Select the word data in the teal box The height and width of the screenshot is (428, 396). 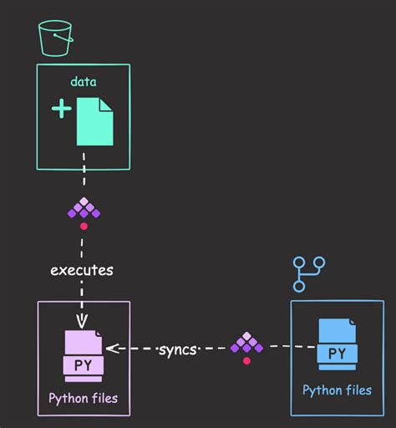pos(84,82)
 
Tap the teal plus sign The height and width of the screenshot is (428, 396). pos(61,110)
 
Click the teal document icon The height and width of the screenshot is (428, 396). pos(94,121)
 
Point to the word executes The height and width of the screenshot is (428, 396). pos(82,270)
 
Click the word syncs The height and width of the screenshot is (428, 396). pos(177,349)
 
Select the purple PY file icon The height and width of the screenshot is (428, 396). pos(84,355)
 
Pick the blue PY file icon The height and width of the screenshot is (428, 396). pos(337,344)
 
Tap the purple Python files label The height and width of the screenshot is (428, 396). pos(84,398)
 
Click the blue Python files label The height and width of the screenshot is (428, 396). pos(337,390)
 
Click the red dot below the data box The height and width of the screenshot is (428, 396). pos(84,227)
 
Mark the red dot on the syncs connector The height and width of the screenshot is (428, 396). pos(246,361)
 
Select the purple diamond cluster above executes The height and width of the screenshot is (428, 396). pos(84,209)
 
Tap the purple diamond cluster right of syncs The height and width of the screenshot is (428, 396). pos(246,343)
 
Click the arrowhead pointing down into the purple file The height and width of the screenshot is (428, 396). pos(82,324)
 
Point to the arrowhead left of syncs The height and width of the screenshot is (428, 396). pos(112,349)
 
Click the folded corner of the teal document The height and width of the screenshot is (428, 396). pos(106,104)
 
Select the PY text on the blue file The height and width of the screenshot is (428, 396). pos(337,354)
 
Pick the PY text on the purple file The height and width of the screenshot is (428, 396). pos(84,365)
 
